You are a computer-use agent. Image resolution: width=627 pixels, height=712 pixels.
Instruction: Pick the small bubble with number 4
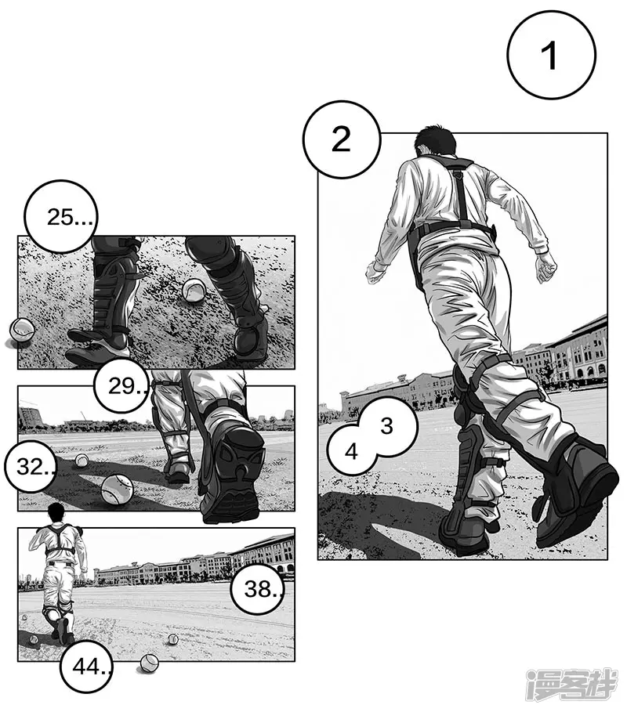tap(350, 452)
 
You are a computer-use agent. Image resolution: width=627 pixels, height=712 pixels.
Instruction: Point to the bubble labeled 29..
tap(122, 385)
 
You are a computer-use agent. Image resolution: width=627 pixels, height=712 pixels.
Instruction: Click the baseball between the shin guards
tap(194, 291)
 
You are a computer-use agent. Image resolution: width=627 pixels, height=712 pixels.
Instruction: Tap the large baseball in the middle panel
tap(118, 490)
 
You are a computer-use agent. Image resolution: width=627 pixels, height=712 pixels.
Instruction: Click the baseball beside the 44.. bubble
tap(149, 663)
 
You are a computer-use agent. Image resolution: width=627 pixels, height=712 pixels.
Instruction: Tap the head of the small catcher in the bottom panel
tap(56, 514)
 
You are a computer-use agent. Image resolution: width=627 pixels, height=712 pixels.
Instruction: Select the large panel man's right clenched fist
tap(546, 269)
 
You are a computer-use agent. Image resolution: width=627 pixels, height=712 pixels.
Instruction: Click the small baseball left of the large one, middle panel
tap(82, 461)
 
